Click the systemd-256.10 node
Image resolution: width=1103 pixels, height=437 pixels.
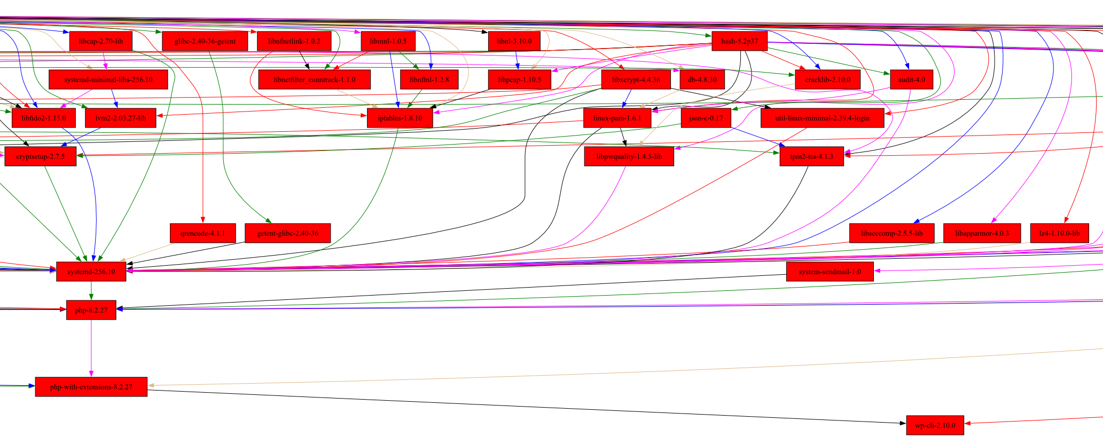(x=91, y=272)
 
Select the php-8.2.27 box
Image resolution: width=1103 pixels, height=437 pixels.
(x=91, y=310)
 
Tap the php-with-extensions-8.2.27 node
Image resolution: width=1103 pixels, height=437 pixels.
(x=91, y=387)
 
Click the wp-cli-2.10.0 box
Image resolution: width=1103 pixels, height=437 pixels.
(x=935, y=425)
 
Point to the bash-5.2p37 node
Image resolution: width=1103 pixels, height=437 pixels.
(x=739, y=41)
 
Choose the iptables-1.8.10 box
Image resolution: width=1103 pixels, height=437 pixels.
(x=400, y=118)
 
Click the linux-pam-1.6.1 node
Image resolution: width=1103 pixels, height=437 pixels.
(x=617, y=118)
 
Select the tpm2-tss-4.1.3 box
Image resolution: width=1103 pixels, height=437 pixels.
(x=811, y=156)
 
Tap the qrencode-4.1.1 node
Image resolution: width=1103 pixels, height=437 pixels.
(x=202, y=233)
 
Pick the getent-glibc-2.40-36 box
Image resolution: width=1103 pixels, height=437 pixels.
(x=287, y=233)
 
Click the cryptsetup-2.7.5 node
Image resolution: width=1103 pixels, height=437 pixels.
(x=41, y=156)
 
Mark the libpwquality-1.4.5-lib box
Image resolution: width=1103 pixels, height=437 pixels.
(x=629, y=156)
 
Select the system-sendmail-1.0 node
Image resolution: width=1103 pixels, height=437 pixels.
(x=830, y=272)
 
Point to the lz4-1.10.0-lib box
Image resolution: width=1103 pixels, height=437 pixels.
(x=1059, y=233)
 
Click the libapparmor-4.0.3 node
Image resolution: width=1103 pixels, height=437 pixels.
(x=982, y=233)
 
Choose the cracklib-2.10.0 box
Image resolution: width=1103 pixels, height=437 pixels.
(x=827, y=80)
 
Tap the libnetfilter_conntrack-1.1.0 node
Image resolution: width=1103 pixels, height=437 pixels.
(x=314, y=80)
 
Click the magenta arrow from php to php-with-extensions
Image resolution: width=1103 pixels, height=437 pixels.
(x=91, y=347)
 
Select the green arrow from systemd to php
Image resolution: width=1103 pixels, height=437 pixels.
(x=91, y=290)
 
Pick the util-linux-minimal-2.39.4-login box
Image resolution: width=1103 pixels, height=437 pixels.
(x=822, y=118)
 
